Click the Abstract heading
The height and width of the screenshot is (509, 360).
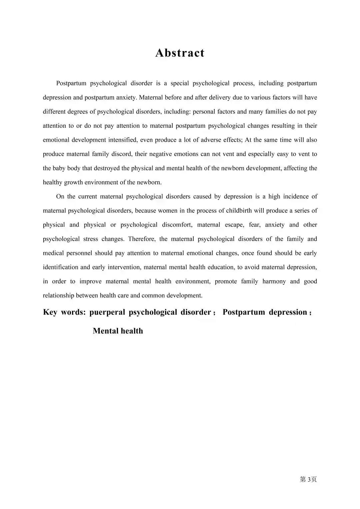point(180,53)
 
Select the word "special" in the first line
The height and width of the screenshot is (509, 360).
point(180,83)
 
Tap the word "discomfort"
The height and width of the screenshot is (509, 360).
point(177,225)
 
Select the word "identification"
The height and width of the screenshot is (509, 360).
point(62,267)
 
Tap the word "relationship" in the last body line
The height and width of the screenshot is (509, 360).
point(59,296)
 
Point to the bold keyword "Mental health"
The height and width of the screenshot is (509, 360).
point(118,331)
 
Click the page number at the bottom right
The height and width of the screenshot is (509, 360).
point(308,480)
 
